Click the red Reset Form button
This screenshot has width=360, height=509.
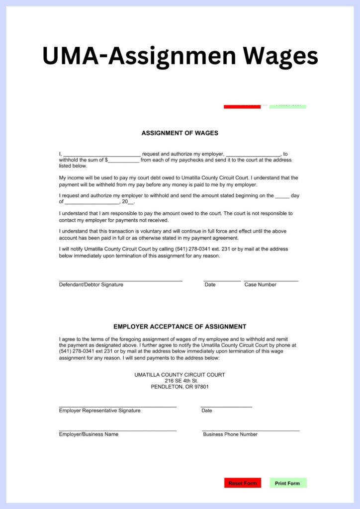point(243,483)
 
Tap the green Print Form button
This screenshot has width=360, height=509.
point(288,483)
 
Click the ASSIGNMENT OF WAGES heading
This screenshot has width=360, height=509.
point(180,133)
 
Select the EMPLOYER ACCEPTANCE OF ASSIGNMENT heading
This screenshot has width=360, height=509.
point(180,327)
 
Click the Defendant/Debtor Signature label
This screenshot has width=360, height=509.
point(91,285)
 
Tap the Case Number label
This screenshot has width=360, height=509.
point(260,285)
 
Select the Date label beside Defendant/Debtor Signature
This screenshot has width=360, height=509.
point(210,285)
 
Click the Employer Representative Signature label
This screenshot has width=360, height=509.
point(99,411)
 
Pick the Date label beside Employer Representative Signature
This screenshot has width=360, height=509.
point(207,411)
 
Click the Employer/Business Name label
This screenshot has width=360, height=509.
point(89,434)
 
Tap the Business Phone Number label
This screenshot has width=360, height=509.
point(230,434)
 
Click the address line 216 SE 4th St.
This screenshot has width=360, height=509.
point(180,381)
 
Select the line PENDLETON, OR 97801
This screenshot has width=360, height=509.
point(180,387)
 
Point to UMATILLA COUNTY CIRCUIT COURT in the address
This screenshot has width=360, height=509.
point(180,375)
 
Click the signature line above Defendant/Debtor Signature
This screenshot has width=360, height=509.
point(120,281)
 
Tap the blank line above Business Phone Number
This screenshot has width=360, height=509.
point(251,430)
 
